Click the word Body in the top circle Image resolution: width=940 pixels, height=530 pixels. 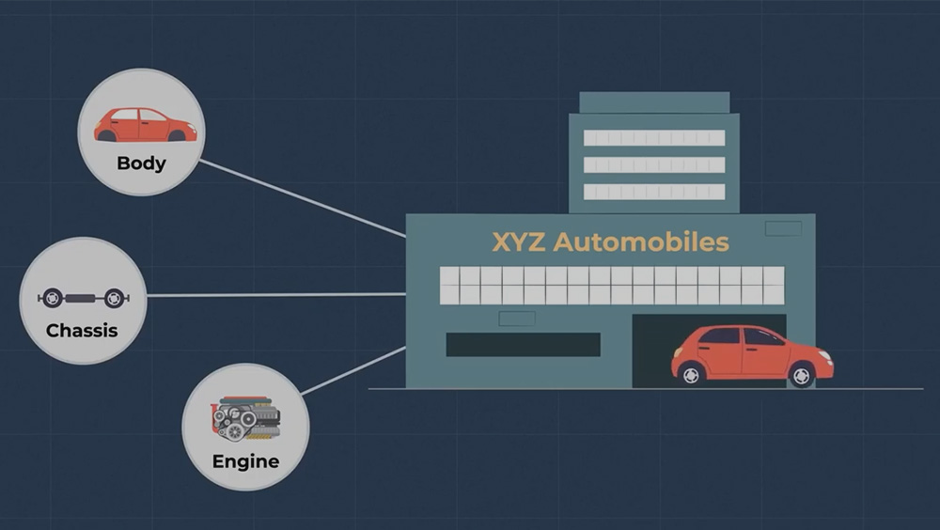[142, 164]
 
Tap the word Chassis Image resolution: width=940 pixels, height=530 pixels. [82, 331]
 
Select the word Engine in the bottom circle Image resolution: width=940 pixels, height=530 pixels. [245, 461]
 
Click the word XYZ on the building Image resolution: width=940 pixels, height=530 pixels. [519, 242]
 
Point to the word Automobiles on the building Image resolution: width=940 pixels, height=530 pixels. [641, 242]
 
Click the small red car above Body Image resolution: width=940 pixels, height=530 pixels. [145, 125]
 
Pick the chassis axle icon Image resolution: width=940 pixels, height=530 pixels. [84, 298]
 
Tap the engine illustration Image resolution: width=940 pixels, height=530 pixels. [245, 418]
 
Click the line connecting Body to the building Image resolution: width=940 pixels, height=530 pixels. [303, 198]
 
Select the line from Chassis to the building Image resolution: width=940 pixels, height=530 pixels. [276, 295]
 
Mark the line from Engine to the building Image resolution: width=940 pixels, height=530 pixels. [353, 370]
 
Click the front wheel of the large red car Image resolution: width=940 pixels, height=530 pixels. [802, 376]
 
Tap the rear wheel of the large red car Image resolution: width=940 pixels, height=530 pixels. [691, 375]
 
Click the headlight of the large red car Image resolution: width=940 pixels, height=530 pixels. [825, 355]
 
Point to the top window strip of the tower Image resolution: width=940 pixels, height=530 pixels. [654, 138]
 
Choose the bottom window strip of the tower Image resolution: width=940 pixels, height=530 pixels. [654, 192]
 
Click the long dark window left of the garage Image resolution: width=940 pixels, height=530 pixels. [523, 345]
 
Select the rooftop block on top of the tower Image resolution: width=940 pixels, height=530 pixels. [654, 102]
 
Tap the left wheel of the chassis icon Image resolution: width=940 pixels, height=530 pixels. [52, 298]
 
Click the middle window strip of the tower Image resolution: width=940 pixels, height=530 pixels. [654, 164]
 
